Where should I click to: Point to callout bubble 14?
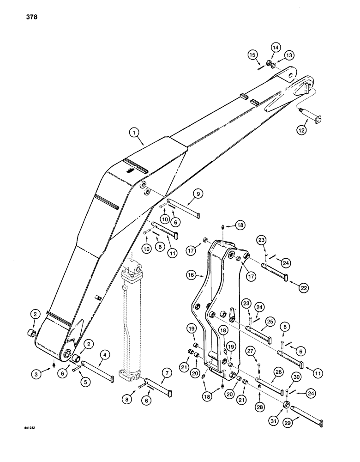[x=276, y=47]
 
